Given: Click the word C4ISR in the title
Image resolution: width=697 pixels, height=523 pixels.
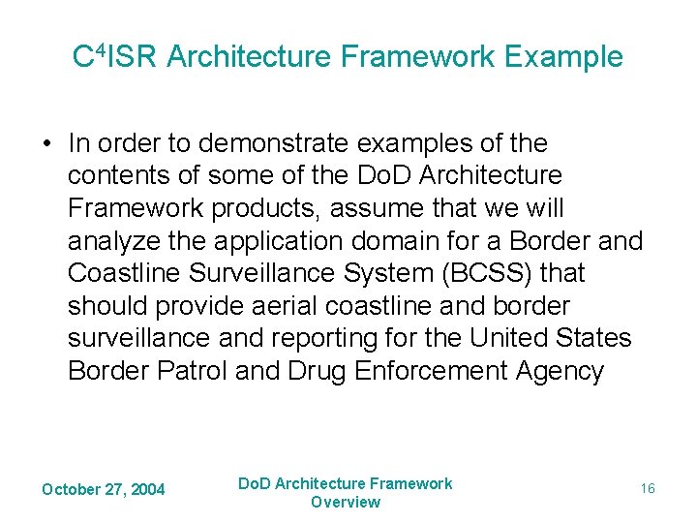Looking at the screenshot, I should pos(115,56).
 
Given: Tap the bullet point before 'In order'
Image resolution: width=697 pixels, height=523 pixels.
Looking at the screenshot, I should pos(47,143).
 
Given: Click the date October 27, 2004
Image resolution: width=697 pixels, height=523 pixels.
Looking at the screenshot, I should pos(103,489).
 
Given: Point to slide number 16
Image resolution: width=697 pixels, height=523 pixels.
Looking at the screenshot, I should pos(648,489).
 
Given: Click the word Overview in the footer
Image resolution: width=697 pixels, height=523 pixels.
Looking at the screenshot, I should pos(346,502).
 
